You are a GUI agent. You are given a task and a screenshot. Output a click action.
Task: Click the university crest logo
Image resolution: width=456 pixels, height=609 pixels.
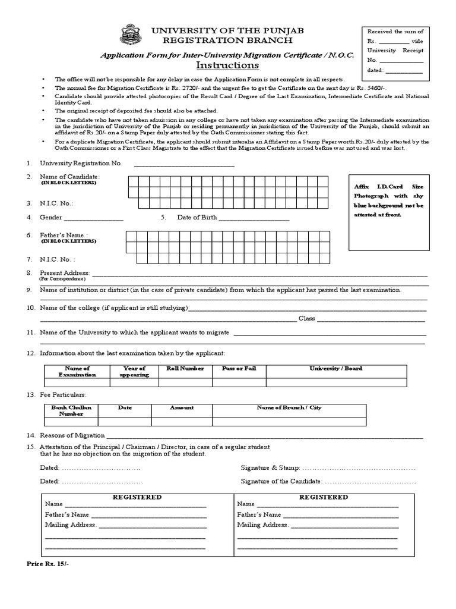tap(131, 34)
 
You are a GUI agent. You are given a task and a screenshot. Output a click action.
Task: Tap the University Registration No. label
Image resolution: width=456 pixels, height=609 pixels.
tap(81, 163)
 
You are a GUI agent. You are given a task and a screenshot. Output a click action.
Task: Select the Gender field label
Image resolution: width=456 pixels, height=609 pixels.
tap(51, 217)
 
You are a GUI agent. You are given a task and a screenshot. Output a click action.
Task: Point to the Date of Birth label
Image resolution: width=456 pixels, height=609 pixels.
tap(197, 217)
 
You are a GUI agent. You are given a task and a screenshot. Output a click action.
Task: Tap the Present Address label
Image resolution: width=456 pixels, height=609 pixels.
tap(65, 273)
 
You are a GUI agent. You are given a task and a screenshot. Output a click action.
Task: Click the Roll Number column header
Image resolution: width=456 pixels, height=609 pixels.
tap(185, 369)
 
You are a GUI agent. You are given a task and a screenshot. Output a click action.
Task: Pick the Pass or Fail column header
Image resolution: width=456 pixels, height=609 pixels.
tap(239, 369)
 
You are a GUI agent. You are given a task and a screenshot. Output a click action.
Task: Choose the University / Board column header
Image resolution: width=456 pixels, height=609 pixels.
tap(335, 369)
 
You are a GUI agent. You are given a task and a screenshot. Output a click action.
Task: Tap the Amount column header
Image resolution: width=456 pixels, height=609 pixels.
tap(182, 407)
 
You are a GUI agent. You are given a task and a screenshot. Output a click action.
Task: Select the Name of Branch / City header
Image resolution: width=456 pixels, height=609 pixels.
tap(289, 407)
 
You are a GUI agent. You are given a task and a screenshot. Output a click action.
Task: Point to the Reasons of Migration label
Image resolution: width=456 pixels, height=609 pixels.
tap(72, 435)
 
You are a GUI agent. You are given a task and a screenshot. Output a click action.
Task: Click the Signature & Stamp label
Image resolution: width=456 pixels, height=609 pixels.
tap(270, 468)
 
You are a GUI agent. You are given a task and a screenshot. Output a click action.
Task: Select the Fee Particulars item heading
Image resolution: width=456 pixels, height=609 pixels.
tap(63, 395)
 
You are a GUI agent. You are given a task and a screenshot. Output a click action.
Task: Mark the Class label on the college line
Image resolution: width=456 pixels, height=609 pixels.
tap(306, 319)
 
